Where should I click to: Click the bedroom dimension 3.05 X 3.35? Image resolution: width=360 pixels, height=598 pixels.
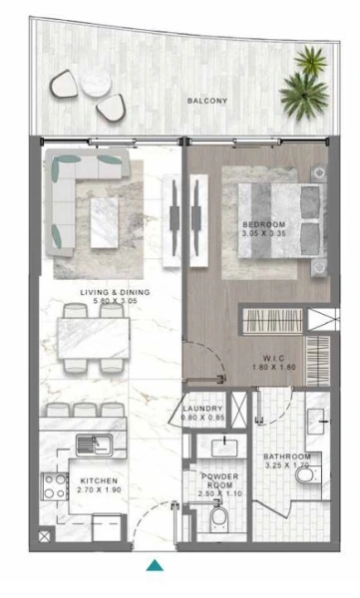(x=264, y=235)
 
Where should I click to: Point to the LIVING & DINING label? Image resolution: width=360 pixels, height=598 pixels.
(x=115, y=292)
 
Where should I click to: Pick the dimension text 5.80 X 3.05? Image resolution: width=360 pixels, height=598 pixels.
(x=115, y=302)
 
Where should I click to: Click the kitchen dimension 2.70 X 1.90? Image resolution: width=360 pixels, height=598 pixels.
(x=99, y=491)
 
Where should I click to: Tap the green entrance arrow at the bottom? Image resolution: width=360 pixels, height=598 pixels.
(x=155, y=567)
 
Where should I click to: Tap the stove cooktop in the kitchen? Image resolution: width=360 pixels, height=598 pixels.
(x=53, y=487)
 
